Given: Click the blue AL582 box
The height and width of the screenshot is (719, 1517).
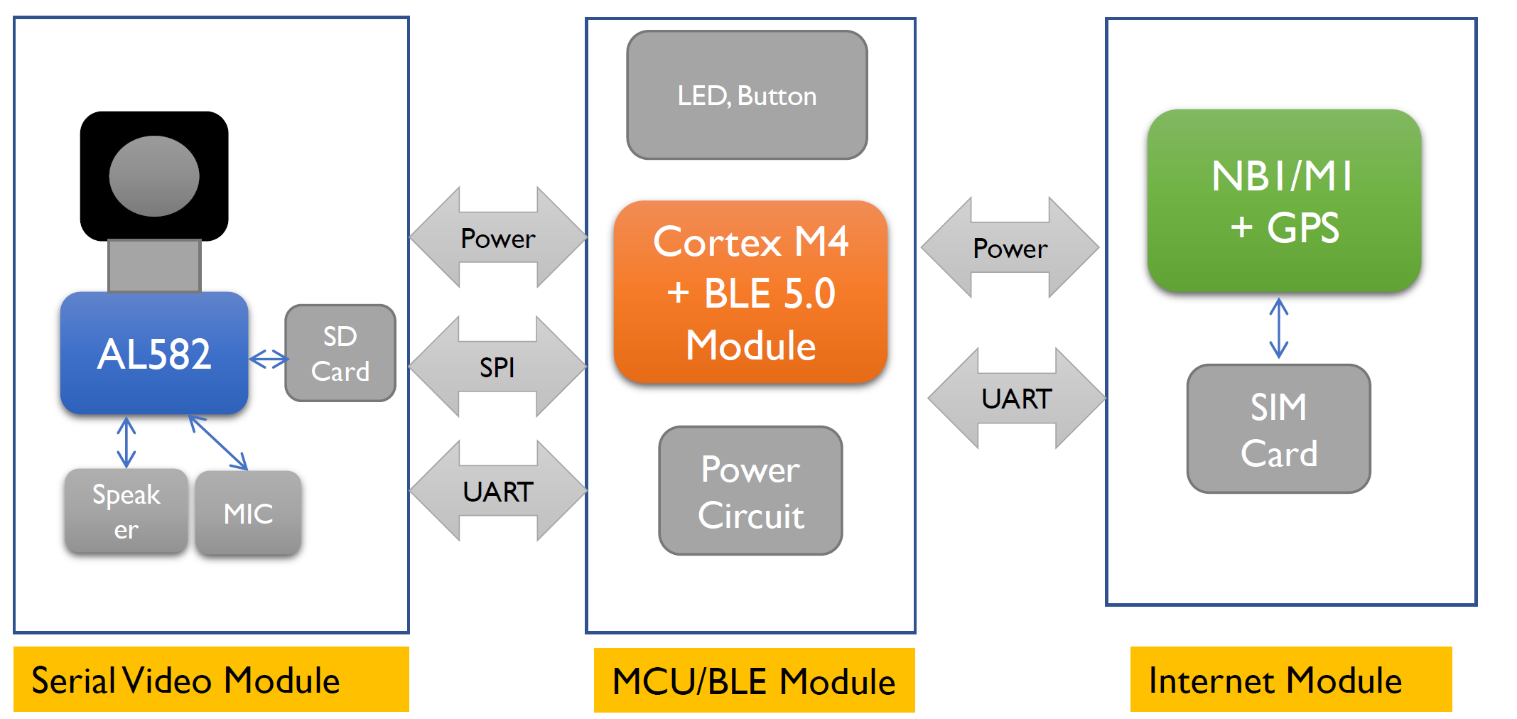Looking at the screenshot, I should tap(154, 353).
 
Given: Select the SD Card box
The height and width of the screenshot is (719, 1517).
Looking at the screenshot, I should tap(340, 353).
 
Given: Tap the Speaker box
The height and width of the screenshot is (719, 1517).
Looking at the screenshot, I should tap(126, 511).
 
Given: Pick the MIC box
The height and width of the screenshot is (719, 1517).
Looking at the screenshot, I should tap(248, 513).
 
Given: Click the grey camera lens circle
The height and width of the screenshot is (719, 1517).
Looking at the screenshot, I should tap(154, 176).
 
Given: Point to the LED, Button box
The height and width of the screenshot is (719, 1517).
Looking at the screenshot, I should tap(747, 95).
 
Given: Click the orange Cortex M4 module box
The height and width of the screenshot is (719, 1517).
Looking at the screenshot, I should tap(750, 293).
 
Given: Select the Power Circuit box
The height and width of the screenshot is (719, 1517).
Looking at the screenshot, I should tap(750, 491).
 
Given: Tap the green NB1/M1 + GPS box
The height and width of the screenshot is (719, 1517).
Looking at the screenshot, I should tap(1284, 201).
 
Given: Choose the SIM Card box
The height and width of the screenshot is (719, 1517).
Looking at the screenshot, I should tap(1278, 429).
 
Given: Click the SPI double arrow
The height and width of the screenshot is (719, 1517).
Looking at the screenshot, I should tap(497, 367).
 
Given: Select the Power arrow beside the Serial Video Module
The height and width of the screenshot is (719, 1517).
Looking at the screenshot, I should tap(497, 238).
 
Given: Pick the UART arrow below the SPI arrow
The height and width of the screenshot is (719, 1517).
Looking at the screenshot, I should tap(497, 491).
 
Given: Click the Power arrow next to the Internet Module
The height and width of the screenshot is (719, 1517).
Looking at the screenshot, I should tap(1010, 248).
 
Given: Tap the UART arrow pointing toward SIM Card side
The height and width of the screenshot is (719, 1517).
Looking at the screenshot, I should tap(1016, 399).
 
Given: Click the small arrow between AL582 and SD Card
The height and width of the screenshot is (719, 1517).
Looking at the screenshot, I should tap(269, 359).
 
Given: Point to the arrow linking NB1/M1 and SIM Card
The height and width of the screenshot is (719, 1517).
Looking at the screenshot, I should tap(1278, 328).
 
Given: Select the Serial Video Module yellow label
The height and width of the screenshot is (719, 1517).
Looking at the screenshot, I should tap(211, 679).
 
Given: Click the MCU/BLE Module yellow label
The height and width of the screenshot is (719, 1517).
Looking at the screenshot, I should tap(754, 680).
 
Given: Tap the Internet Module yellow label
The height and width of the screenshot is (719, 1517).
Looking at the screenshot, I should tap(1290, 679).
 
